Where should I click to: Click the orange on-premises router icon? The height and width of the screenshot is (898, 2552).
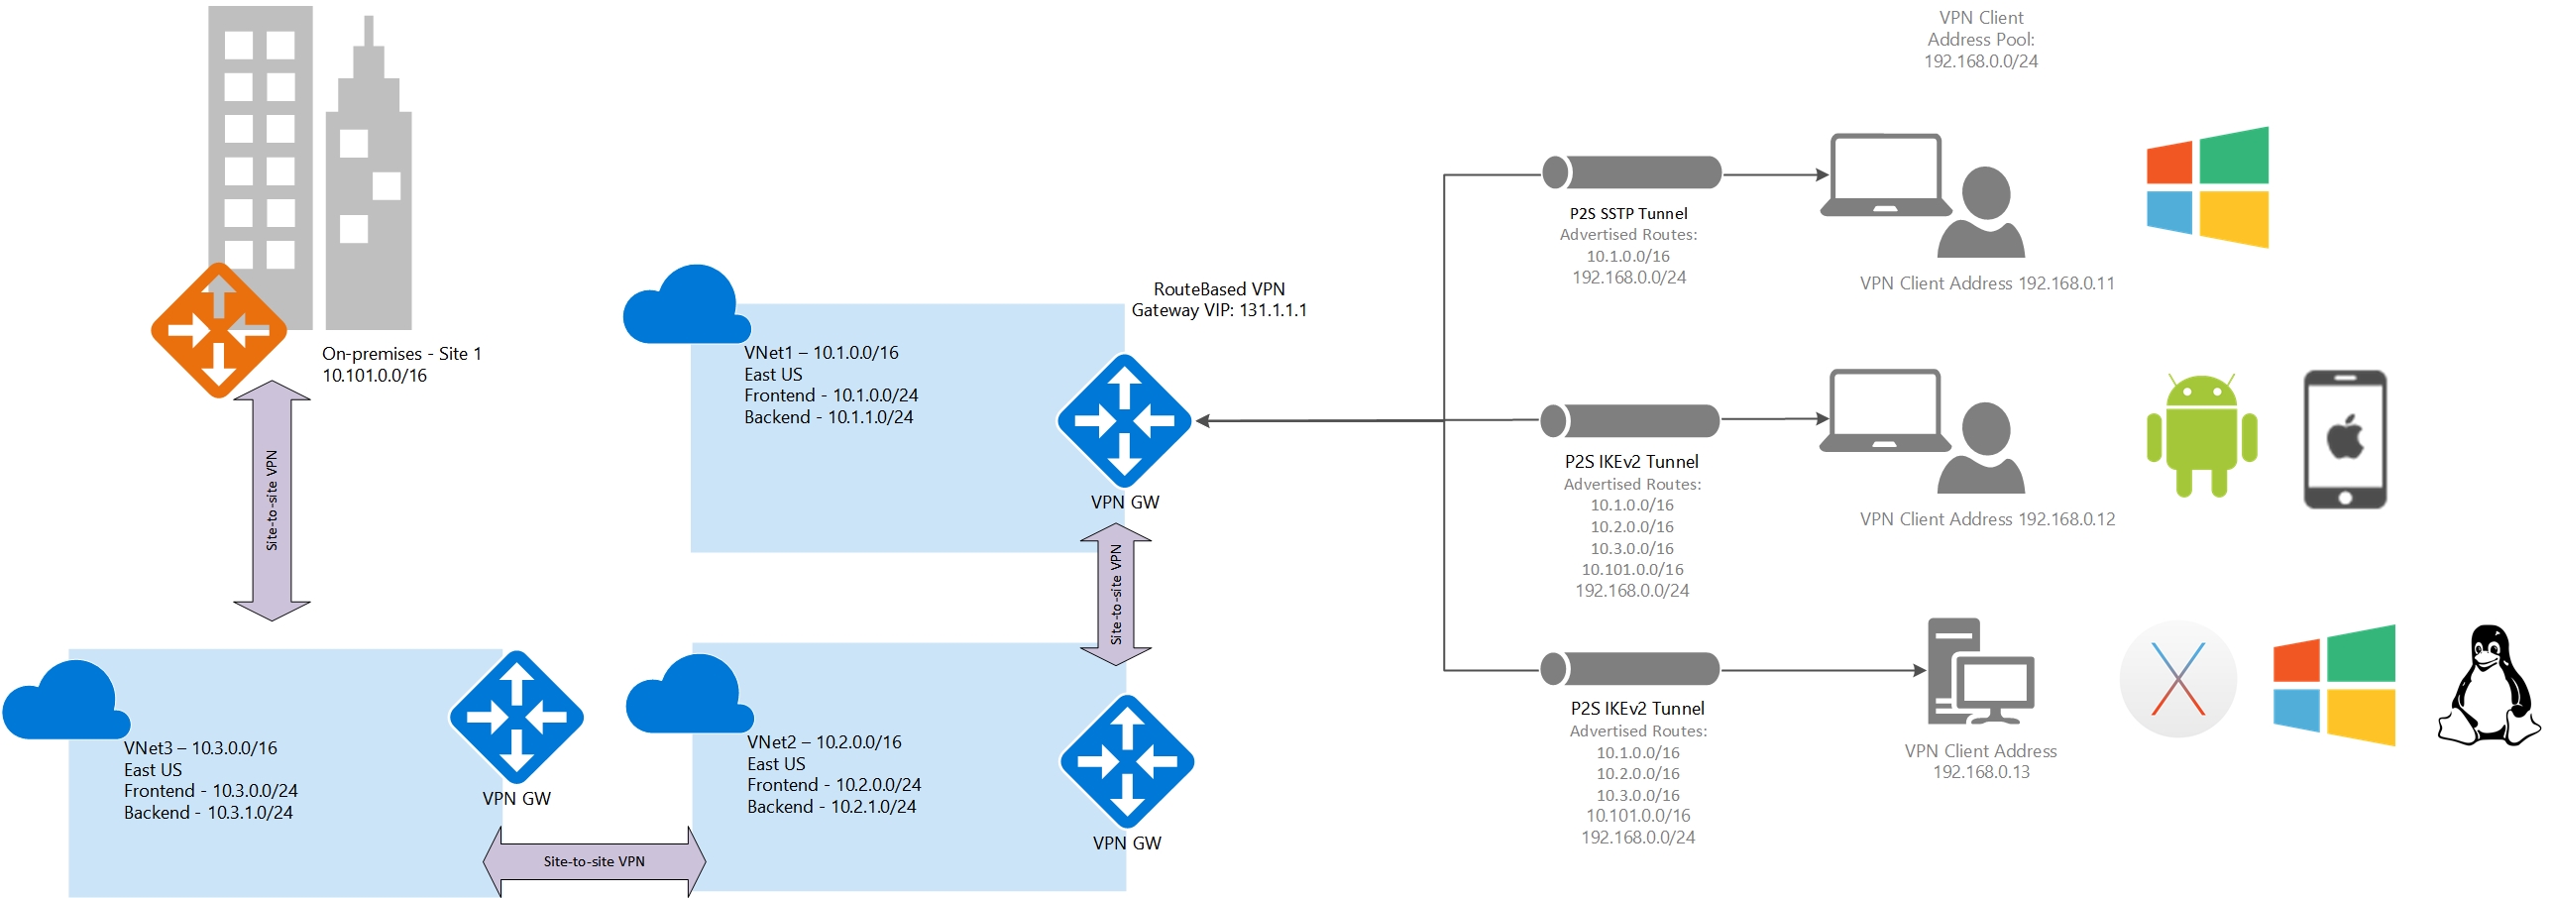218,330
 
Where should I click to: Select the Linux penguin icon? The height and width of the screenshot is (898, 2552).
2488,685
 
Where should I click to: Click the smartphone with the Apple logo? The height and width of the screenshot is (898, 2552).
2344,439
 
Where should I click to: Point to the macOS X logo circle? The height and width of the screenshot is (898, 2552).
2177,679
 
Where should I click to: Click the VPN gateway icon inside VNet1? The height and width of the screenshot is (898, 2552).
1124,420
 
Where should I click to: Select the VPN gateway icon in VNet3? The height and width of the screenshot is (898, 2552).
515,717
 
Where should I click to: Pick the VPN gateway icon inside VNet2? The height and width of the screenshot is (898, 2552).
1127,761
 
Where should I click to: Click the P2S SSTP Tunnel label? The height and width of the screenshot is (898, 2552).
1627,213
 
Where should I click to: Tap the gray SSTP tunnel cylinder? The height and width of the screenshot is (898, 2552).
1631,172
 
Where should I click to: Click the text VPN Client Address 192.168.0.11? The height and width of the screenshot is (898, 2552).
1986,283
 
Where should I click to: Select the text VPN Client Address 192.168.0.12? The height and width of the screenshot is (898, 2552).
1986,519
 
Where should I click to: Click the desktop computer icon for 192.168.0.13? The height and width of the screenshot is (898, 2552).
1979,671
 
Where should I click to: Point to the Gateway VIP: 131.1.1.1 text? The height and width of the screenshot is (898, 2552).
1218,310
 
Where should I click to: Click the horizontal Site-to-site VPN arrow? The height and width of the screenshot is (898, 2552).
594,861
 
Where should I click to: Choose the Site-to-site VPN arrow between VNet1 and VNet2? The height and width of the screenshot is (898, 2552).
1116,595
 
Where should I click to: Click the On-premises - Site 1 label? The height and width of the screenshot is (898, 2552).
401,354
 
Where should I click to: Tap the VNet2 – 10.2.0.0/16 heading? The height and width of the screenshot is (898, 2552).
824,742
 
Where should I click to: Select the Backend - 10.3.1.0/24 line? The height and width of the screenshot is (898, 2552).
208,813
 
